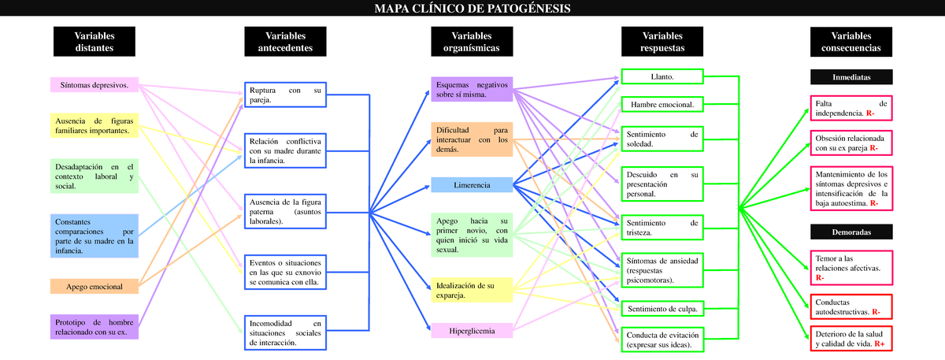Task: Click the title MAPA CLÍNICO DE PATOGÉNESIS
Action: click(472, 9)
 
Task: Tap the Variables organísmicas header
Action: click(472, 42)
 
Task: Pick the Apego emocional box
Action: click(94, 287)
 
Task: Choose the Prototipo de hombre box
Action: click(94, 328)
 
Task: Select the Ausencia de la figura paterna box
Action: click(286, 211)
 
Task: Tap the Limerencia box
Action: click(472, 185)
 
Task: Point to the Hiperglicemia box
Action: click(472, 331)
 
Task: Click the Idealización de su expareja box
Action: click(472, 290)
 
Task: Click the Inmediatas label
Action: click(851, 77)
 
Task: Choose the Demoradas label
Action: click(851, 232)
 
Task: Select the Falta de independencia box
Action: click(851, 109)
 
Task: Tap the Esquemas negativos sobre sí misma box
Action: click(472, 89)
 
